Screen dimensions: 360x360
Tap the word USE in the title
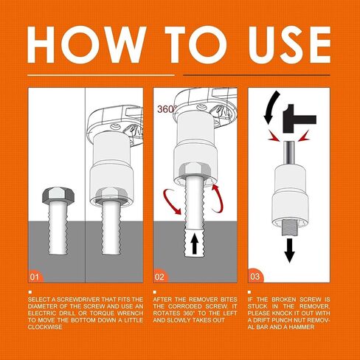(289, 44)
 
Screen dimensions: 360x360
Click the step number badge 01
(35, 277)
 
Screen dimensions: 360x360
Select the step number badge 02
(160, 277)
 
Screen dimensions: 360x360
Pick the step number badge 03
(255, 277)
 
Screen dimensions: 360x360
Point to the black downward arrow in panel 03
(290, 250)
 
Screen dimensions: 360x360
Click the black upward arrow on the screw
(195, 243)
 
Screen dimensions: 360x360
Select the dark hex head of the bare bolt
(58, 195)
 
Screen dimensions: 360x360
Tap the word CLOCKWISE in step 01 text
(45, 327)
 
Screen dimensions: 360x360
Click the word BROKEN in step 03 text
(283, 300)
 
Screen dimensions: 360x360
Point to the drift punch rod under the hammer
(290, 152)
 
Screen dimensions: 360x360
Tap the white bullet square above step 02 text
(155, 292)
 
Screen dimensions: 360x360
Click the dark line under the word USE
(257, 75)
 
